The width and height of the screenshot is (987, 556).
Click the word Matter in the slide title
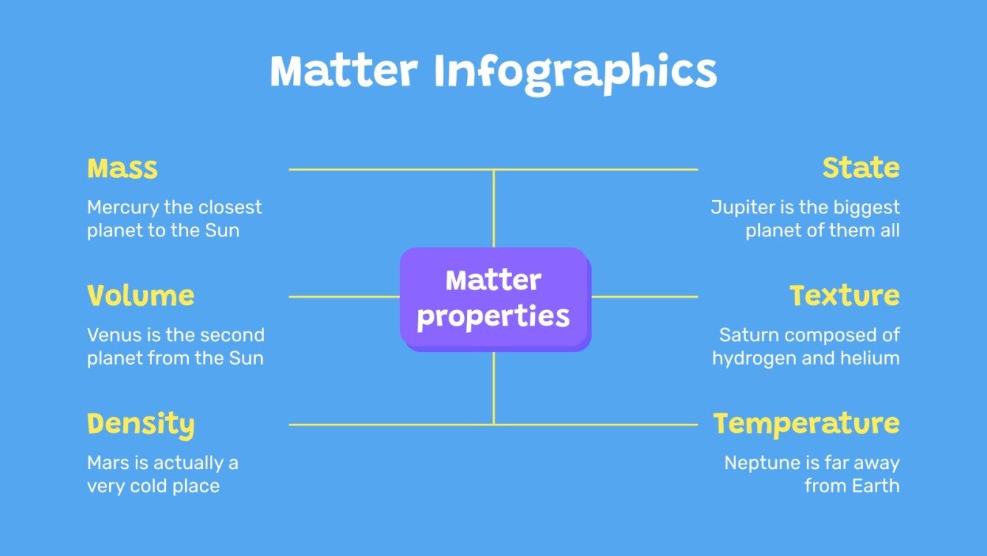(344, 72)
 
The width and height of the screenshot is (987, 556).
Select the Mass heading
(122, 168)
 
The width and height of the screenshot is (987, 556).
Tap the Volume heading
(141, 296)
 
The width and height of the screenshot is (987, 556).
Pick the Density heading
(141, 425)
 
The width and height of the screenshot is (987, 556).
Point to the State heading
(861, 168)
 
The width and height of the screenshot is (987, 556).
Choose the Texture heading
(845, 296)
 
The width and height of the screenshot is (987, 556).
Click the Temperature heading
(806, 424)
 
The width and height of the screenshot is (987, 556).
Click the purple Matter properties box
(494, 299)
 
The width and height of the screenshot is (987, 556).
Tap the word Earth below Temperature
(876, 487)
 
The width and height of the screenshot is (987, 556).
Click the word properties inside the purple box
(493, 317)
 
